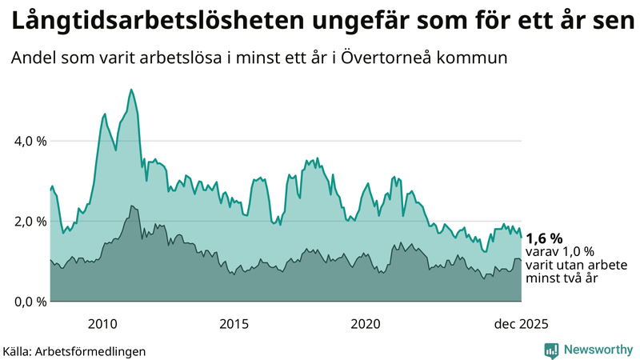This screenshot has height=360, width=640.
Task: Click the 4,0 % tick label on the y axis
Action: coord(30,141)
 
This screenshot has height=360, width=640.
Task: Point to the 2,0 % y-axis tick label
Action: coord(30,222)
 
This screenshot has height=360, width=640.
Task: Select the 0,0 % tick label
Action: coord(30,302)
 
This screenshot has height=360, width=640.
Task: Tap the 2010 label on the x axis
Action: coord(103,324)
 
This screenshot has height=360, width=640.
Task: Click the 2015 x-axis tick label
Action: coord(234,324)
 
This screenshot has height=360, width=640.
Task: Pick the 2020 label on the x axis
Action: coord(366,324)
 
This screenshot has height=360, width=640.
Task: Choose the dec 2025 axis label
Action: coord(521,324)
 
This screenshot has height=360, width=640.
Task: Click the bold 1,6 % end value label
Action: coord(544,238)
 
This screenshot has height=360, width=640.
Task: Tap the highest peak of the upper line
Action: coord(130,90)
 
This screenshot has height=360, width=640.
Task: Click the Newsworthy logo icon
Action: coord(552,350)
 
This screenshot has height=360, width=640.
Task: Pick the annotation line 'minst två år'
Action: coord(562,278)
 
